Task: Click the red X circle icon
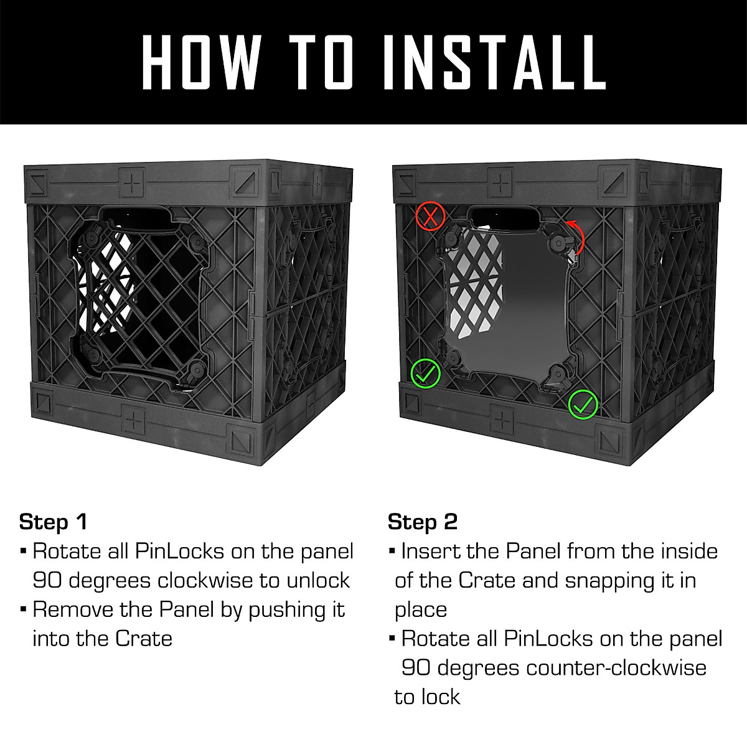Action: pyautogui.click(x=431, y=217)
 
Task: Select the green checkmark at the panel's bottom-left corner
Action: pyautogui.click(x=426, y=374)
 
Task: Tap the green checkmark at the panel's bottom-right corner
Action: pyautogui.click(x=583, y=404)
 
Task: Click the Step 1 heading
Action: pyautogui.click(x=54, y=522)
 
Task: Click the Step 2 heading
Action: pyautogui.click(x=423, y=522)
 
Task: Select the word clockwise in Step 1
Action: pyautogui.click(x=205, y=580)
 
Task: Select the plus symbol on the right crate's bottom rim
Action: pyautogui.click(x=502, y=420)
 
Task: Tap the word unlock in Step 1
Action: pyautogui.click(x=318, y=580)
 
